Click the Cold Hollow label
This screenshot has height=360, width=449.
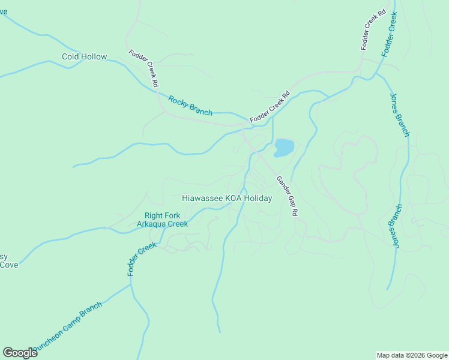pos(85,57)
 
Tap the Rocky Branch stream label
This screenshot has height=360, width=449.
pos(190,106)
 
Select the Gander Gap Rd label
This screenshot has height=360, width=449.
pos(288,197)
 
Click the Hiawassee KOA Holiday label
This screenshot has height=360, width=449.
pos(227,198)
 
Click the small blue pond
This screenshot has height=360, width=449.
pos(284,147)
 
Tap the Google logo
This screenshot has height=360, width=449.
pos(20,353)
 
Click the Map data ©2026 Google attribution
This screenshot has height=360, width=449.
pos(412,355)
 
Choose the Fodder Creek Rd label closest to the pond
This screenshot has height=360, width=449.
pos(270,107)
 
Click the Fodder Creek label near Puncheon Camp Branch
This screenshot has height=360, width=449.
pos(141,259)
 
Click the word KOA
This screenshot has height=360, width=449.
pos(232,198)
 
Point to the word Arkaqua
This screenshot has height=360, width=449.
pos(152,224)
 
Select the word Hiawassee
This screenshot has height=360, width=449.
pos(203,198)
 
